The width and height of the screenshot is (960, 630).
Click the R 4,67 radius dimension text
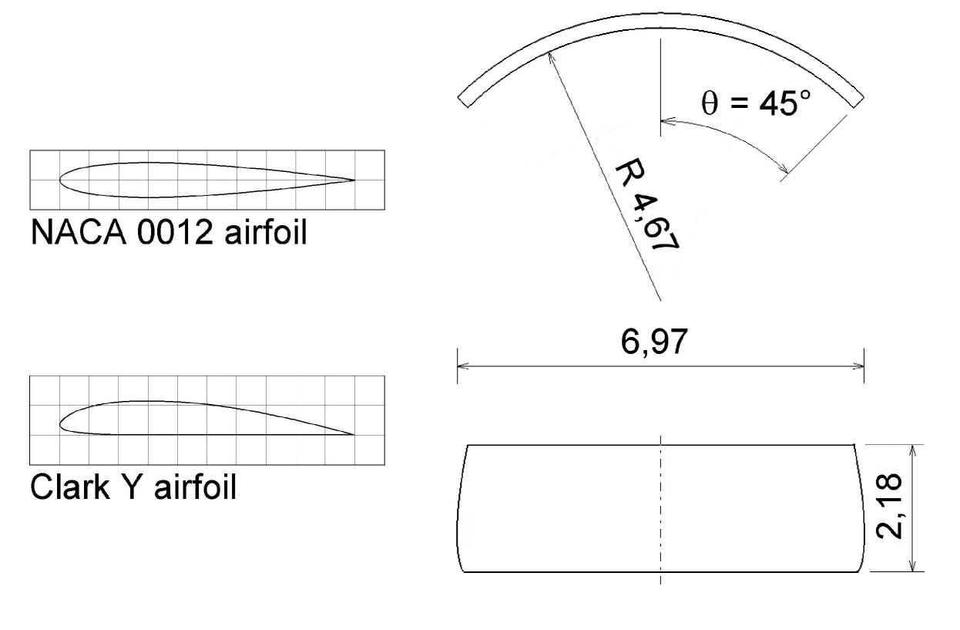click(x=646, y=207)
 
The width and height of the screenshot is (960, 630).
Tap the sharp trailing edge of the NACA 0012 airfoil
click(x=354, y=180)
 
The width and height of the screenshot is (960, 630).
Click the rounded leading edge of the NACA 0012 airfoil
click(x=62, y=180)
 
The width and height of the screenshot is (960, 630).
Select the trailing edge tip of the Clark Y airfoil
click(x=353, y=434)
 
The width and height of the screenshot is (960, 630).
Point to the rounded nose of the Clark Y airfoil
click(x=62, y=423)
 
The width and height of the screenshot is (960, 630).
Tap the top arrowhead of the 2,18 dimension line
click(x=913, y=449)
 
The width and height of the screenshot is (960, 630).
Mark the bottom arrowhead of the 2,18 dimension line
click(x=913, y=567)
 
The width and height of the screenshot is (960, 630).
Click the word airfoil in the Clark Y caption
click(x=193, y=488)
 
